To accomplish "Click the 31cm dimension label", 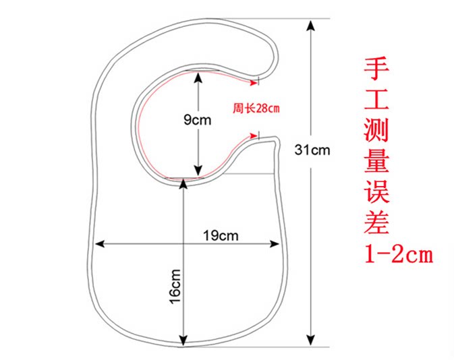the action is pos(312,150).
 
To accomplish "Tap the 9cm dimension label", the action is pos(198,120).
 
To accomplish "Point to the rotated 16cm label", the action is pos(175,286).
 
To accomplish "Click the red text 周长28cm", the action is pos(256,108).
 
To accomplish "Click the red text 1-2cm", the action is pos(397,255).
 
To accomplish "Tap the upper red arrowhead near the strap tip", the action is pos(256,83).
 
